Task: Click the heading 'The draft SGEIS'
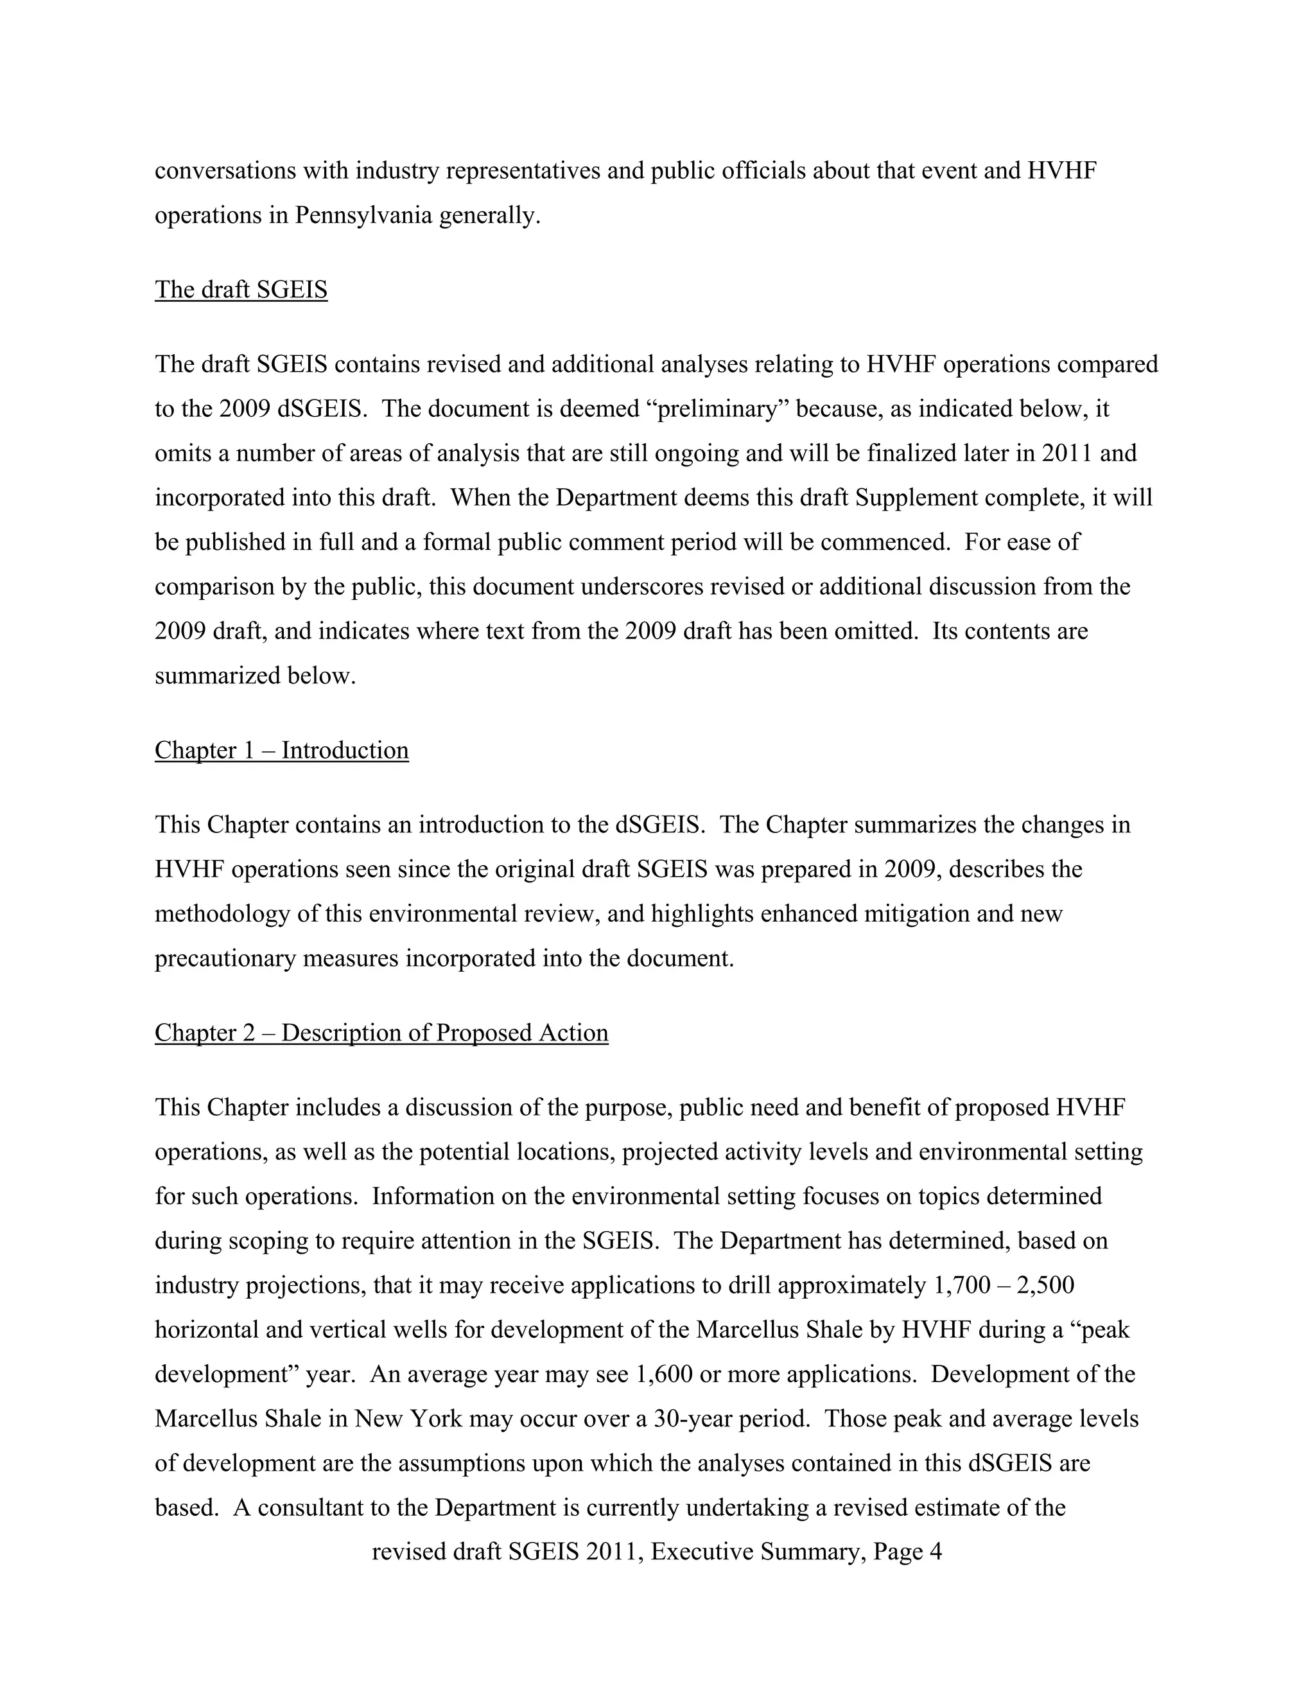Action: tap(241, 290)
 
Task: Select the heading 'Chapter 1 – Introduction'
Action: tap(281, 750)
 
